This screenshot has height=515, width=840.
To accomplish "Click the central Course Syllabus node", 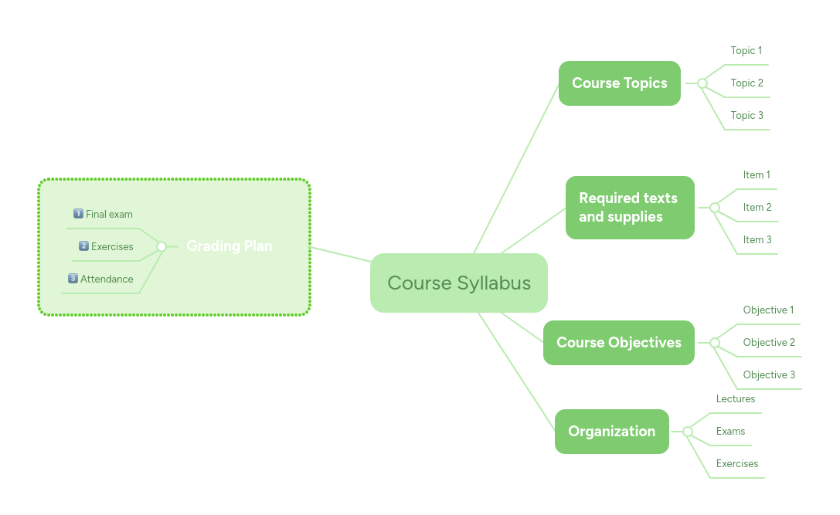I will coord(458,283).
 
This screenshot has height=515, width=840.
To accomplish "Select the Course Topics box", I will coord(619,83).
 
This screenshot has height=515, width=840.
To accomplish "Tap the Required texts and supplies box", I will coord(629,208).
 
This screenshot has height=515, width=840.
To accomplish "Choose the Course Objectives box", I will coord(618,343).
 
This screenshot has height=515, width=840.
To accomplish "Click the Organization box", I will coord(611,432).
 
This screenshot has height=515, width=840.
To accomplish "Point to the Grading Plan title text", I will coord(230,246).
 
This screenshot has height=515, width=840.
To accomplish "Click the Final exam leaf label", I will coord(109,214).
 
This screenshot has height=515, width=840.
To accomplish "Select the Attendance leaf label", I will coord(107,279).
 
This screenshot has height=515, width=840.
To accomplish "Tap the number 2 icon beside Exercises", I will coord(83,246).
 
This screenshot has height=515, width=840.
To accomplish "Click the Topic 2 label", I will coord(746,83).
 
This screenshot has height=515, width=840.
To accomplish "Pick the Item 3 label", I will coord(757,239).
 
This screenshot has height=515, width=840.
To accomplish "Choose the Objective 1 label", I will coord(768,310).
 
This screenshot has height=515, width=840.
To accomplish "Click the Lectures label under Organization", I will coord(736,398).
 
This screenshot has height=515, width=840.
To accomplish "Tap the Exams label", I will coord(730,431).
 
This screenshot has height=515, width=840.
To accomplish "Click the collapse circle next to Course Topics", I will coord(702,83).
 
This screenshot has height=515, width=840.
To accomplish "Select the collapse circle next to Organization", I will coord(687,432).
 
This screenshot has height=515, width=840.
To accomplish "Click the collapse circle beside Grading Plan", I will coord(162,246).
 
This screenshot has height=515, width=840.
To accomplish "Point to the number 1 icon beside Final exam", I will coord(78,214).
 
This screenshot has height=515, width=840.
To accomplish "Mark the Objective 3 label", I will coord(769,374).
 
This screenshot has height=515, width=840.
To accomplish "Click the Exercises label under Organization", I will coord(736,463).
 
